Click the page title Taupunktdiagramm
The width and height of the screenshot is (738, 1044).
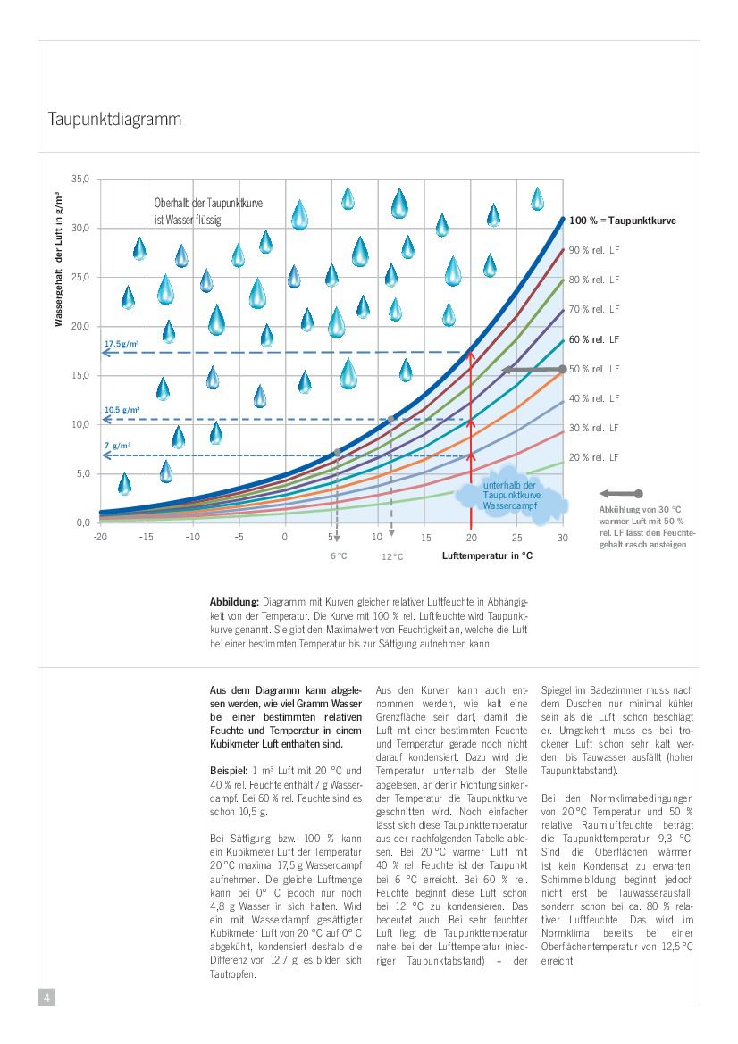[x=114, y=119]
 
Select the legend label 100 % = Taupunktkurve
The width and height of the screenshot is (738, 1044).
[x=622, y=221]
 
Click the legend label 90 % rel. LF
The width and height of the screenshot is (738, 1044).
[x=594, y=250]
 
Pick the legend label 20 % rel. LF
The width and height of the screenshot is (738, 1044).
[x=594, y=457]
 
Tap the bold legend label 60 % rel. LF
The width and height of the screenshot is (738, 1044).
[x=594, y=339]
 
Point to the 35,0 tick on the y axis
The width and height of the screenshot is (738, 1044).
[x=80, y=180]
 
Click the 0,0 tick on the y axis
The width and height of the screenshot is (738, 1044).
[x=82, y=522]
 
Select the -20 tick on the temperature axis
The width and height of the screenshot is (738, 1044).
[x=100, y=537]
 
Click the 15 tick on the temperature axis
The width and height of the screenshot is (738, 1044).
[x=425, y=537]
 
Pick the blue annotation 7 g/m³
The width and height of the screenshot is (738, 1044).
[x=118, y=445]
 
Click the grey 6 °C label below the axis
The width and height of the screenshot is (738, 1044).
[x=339, y=555]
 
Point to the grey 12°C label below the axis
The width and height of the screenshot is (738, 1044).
[x=392, y=556]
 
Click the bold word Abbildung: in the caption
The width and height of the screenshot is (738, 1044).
[x=234, y=602]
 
